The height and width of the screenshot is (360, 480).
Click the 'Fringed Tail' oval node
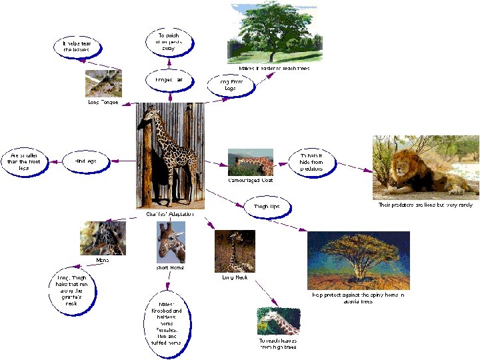(x=169, y=80)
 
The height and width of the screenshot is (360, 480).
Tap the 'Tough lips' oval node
(x=266, y=207)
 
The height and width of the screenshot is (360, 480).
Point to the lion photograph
(x=425, y=167)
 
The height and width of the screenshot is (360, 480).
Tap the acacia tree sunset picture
(x=358, y=260)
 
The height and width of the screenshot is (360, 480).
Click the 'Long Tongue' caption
(x=103, y=102)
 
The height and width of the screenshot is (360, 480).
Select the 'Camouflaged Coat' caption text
(x=250, y=180)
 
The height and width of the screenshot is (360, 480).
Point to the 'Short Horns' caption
(x=170, y=267)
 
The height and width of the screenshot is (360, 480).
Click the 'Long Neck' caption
(x=235, y=277)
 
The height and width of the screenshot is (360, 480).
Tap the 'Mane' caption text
(x=102, y=260)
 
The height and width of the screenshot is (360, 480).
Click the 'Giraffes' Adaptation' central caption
(x=171, y=214)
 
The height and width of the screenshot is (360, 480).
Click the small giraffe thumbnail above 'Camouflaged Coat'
(x=250, y=162)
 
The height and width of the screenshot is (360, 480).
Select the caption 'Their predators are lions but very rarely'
(x=425, y=205)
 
